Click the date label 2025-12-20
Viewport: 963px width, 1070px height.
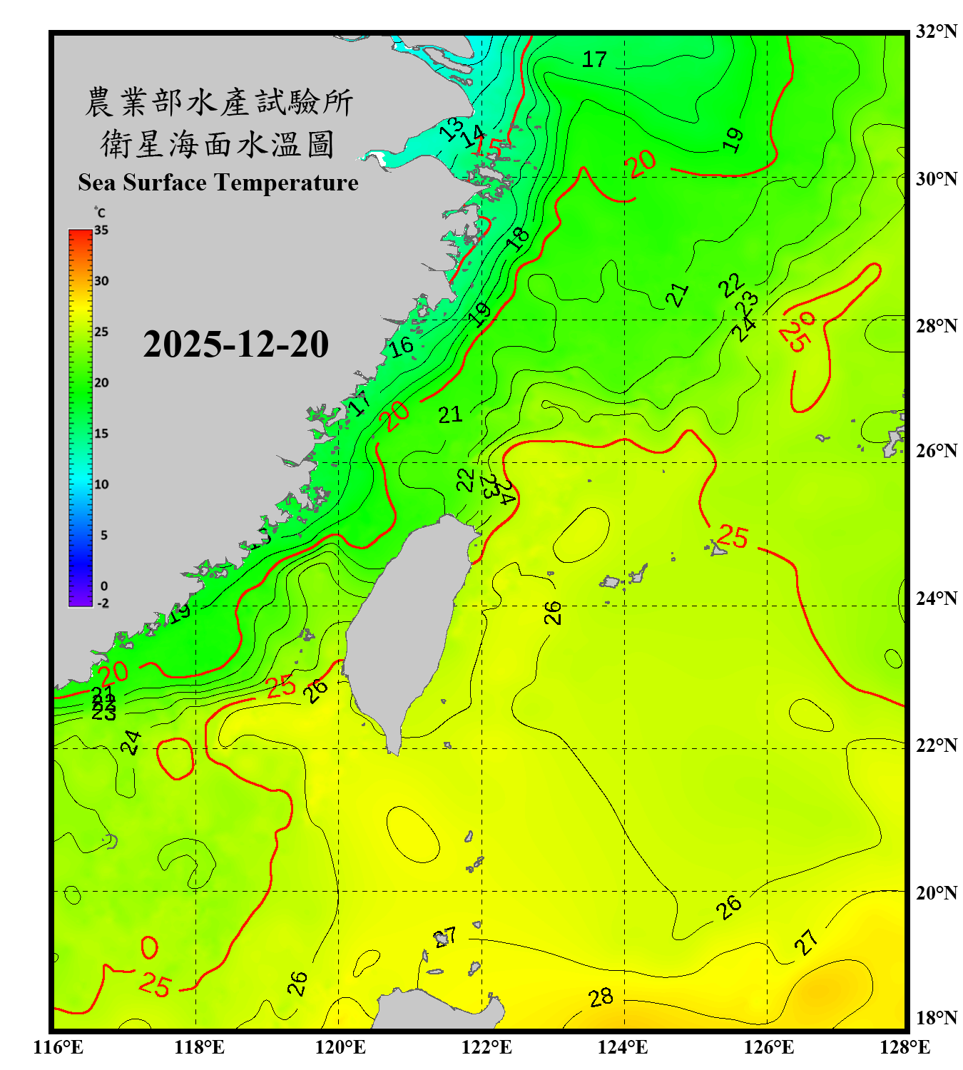point(235,345)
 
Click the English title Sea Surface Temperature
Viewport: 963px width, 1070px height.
point(218,183)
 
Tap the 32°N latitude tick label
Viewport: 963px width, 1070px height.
point(937,31)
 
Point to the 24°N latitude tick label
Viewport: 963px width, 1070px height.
point(937,598)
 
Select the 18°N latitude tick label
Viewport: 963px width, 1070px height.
point(937,1017)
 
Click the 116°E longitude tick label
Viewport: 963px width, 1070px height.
point(58,1047)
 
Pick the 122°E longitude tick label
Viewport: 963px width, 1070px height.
point(486,1047)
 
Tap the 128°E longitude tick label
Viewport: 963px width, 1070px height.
point(905,1047)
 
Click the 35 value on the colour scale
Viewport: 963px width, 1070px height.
point(101,230)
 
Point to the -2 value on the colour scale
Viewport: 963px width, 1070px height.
point(103,603)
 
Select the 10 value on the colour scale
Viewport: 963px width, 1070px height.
point(101,484)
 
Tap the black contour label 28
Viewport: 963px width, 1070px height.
point(601,997)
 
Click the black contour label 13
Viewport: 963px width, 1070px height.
point(450,129)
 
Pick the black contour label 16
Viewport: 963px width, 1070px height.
point(401,347)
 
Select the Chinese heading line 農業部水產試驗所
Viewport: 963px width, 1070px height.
point(218,102)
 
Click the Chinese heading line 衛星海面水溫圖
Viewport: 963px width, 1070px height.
point(218,145)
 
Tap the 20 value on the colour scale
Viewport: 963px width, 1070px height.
point(101,383)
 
